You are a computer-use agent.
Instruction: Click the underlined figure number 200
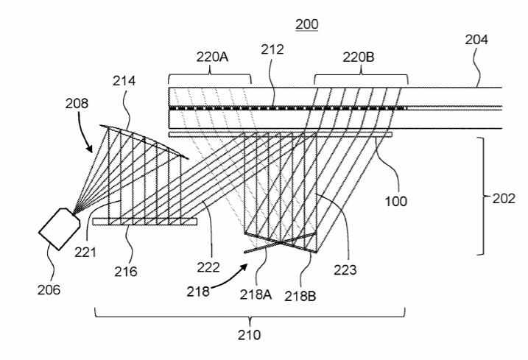(x=307, y=24)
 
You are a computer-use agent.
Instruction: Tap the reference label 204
(x=476, y=40)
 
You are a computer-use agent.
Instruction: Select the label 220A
(x=212, y=57)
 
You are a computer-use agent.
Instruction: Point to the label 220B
(x=359, y=57)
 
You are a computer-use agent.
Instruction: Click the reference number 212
(x=272, y=49)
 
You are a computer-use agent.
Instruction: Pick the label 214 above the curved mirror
(x=124, y=81)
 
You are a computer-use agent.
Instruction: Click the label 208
(x=77, y=103)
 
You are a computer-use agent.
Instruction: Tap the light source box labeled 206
(x=60, y=229)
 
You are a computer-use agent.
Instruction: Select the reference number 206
(x=49, y=289)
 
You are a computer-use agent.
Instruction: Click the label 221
(x=85, y=252)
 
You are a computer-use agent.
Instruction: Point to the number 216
(x=126, y=272)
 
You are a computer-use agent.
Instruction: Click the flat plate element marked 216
(x=145, y=222)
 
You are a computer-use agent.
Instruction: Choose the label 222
(x=208, y=267)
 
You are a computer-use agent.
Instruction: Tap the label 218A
(x=256, y=294)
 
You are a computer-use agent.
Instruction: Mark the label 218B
(x=300, y=297)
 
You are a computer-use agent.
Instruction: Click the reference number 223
(x=345, y=269)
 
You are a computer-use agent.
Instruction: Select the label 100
(x=396, y=202)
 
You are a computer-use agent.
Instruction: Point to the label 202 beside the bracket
(x=504, y=199)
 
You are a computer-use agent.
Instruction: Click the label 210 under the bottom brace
(x=249, y=335)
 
